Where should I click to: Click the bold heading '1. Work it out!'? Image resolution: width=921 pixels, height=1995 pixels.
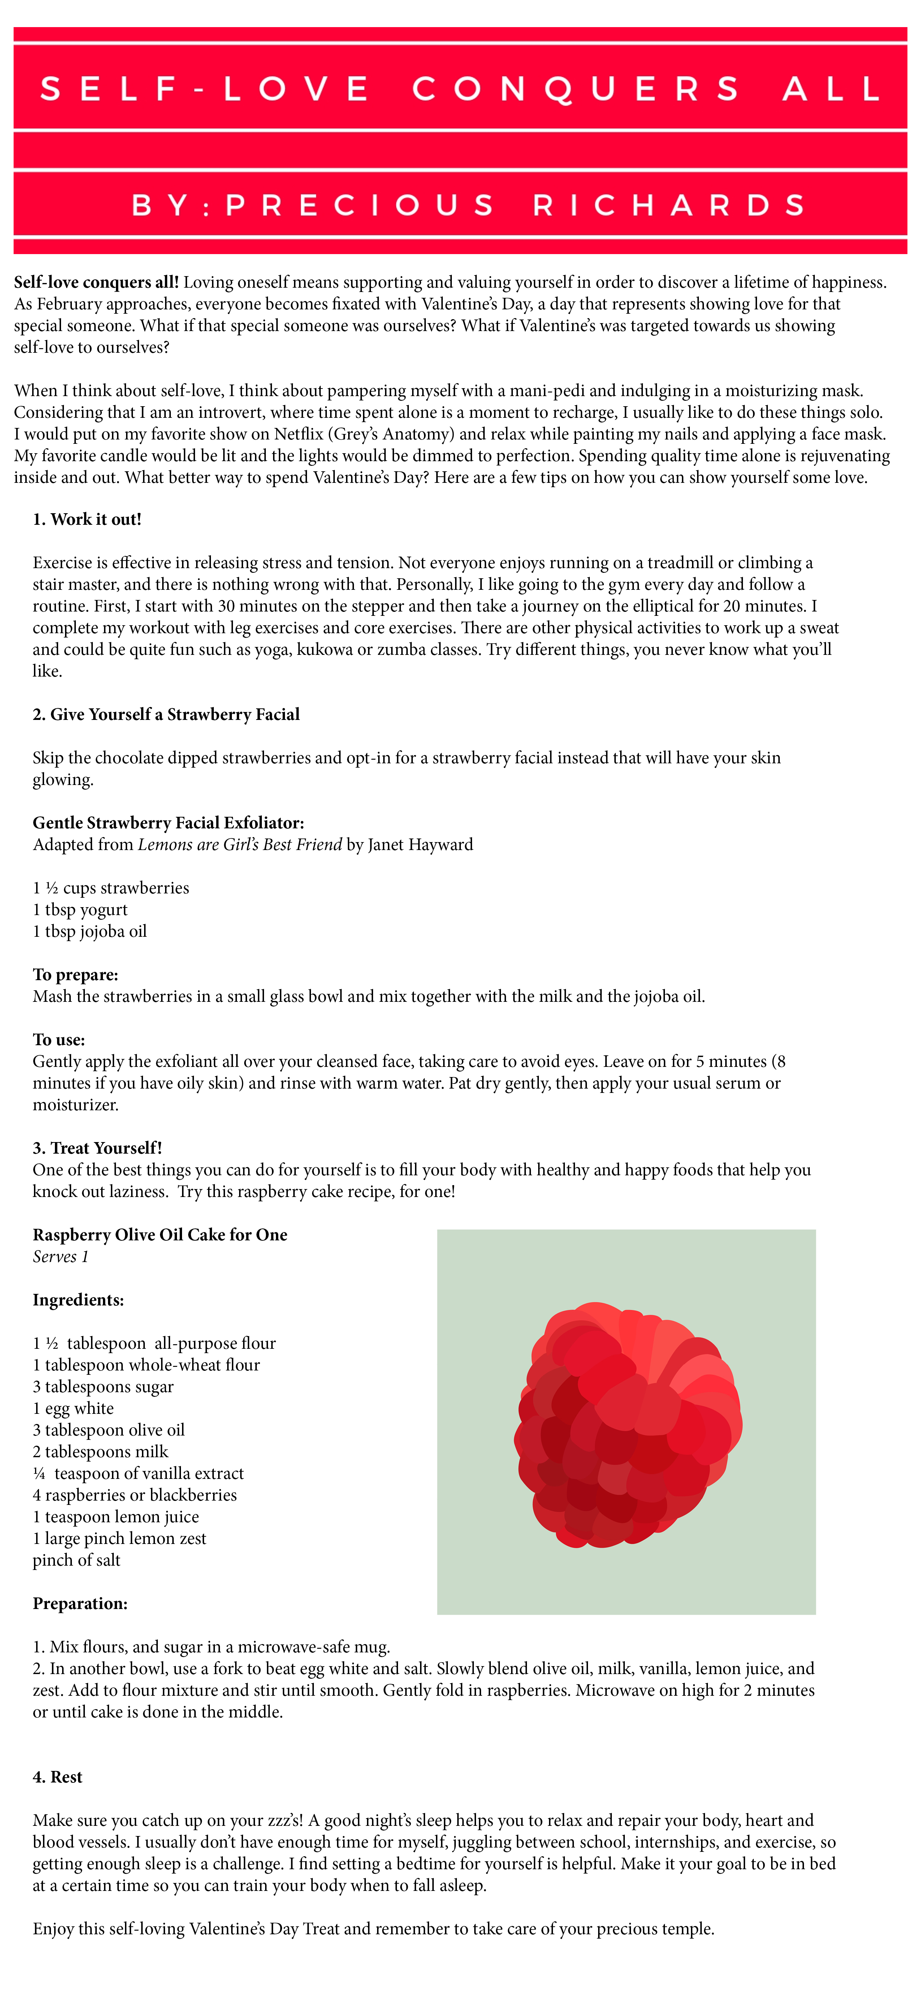click(x=87, y=519)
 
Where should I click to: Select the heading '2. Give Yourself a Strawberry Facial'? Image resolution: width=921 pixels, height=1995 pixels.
click(x=166, y=714)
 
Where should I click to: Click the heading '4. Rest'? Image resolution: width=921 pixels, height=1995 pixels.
click(x=57, y=1777)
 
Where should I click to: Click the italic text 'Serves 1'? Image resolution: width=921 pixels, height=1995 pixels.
click(x=60, y=1256)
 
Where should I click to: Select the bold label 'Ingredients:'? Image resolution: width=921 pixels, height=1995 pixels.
click(x=78, y=1300)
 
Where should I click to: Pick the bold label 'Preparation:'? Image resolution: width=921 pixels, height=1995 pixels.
click(x=80, y=1603)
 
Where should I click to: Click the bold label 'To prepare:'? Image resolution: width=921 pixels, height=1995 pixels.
click(x=75, y=974)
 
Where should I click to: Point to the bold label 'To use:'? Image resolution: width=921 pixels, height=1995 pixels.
click(x=59, y=1039)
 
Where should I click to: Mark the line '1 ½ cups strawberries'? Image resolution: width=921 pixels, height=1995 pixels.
click(x=111, y=888)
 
